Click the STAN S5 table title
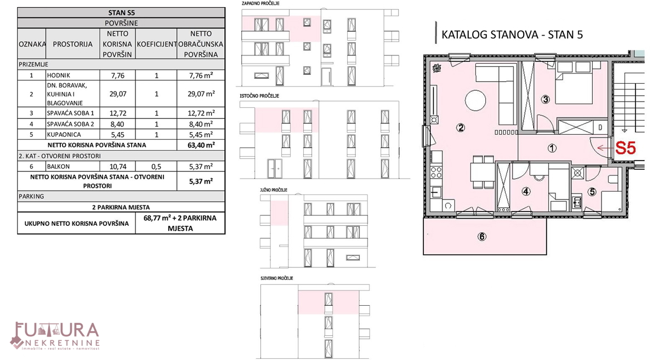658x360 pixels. pos(121,13)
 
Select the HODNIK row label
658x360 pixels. pos(59,76)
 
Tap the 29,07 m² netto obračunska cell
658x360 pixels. pos(201,94)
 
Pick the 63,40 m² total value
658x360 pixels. pos(201,145)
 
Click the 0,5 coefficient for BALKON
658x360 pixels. pos(156,167)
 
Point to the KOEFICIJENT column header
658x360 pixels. pos(157,44)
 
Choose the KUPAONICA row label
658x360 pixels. pos(64,135)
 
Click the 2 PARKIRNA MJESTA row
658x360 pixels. pos(121,207)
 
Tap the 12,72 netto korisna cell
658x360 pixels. pos(117,113)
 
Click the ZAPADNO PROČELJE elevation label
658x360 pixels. pos(260,3)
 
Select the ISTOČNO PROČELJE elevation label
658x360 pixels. pos(259,96)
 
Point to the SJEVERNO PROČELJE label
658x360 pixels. pos(277,278)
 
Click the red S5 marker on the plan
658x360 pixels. pos(626,148)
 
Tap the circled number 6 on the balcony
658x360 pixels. pos(482,237)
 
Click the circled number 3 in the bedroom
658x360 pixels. pos(546,100)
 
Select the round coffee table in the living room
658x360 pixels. pos(475,100)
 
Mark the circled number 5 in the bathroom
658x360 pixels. pos(592,192)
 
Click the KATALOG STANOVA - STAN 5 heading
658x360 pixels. pos(512,35)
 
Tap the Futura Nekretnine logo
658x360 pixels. pos(55,336)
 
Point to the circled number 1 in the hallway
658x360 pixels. pos(552,148)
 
